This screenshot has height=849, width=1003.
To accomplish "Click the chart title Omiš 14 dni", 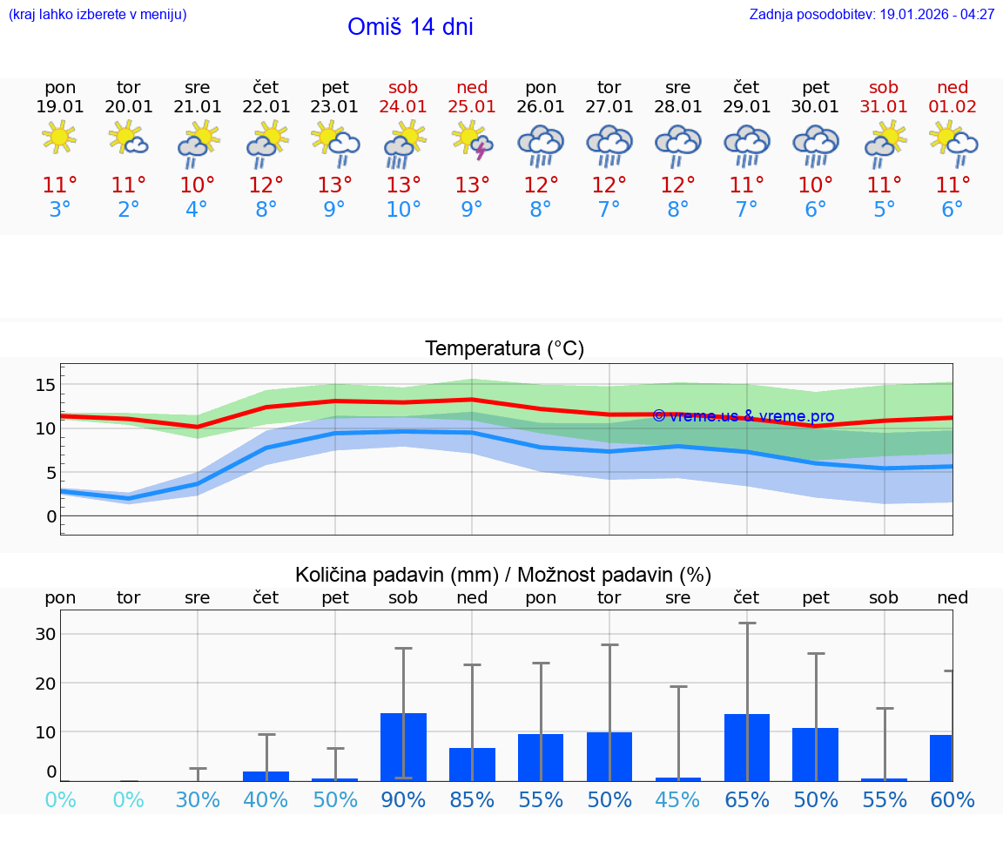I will pos(410,27).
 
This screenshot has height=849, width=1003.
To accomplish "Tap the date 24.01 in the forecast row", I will pos(403,107).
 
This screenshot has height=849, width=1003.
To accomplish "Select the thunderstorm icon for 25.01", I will pos(472,141).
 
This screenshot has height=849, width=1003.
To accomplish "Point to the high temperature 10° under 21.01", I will pos(197,185).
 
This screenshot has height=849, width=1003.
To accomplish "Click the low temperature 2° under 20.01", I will pos(128,210).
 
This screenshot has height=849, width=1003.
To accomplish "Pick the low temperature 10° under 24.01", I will pos(403,210).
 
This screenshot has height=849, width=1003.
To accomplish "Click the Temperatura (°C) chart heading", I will pos(504,349).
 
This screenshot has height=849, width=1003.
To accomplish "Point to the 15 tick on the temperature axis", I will pos(46,385).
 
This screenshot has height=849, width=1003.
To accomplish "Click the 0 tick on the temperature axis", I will pos(51,516).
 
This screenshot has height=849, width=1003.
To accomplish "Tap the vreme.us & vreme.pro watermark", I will pos(743,416).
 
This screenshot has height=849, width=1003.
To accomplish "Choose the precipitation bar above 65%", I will pos(747,747).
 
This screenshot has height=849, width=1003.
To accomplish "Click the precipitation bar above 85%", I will pos(472,765).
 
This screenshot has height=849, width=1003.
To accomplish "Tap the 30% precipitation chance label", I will pos(197,800).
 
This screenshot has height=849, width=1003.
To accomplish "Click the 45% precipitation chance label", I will pos(678,800).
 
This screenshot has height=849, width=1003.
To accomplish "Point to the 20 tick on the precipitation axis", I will pos(44,683).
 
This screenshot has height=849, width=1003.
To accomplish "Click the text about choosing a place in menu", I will pos(98,15).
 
